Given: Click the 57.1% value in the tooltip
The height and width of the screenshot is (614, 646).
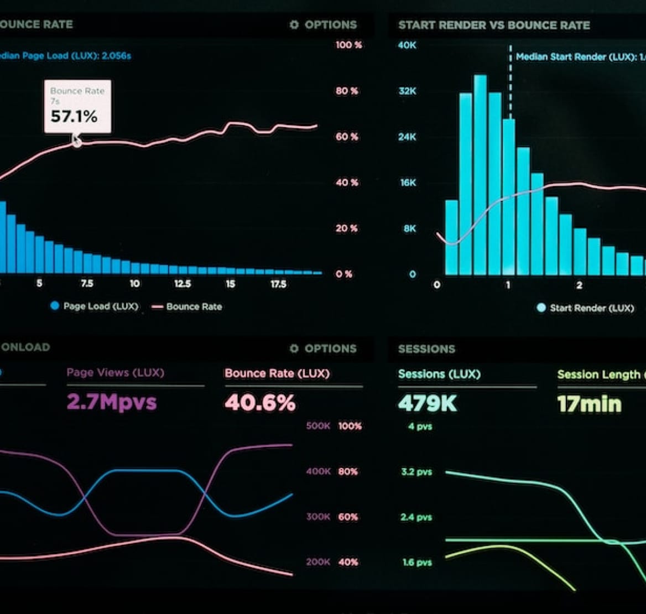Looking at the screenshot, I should [74, 117].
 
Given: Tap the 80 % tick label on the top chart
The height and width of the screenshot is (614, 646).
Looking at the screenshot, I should [347, 91].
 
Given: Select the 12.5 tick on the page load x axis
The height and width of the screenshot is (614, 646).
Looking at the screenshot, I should [183, 284].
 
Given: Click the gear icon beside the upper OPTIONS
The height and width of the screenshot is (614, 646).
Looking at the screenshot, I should [294, 25].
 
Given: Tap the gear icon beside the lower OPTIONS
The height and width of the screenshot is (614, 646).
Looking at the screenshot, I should [294, 348].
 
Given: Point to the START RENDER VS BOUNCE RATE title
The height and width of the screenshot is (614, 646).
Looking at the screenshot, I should [494, 25].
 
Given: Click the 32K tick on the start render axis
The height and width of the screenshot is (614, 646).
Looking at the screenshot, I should [407, 91].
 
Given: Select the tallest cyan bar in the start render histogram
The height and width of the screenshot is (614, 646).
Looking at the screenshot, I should [480, 174].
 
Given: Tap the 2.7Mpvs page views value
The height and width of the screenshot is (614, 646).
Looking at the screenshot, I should [112, 402].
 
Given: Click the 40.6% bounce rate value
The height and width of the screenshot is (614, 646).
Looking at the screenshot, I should [260, 403].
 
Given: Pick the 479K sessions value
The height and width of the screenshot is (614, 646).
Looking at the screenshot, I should [428, 403].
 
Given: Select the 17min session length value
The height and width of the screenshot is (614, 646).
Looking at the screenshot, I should [589, 404].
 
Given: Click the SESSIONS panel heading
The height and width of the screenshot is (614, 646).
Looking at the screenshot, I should [426, 349].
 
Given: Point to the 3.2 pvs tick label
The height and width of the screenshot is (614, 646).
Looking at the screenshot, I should [416, 472].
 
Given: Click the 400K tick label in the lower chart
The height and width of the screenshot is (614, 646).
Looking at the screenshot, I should [318, 471].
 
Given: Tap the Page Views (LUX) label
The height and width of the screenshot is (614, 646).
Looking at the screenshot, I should [115, 372].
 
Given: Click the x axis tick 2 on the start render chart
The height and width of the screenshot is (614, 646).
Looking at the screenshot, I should [579, 285].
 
